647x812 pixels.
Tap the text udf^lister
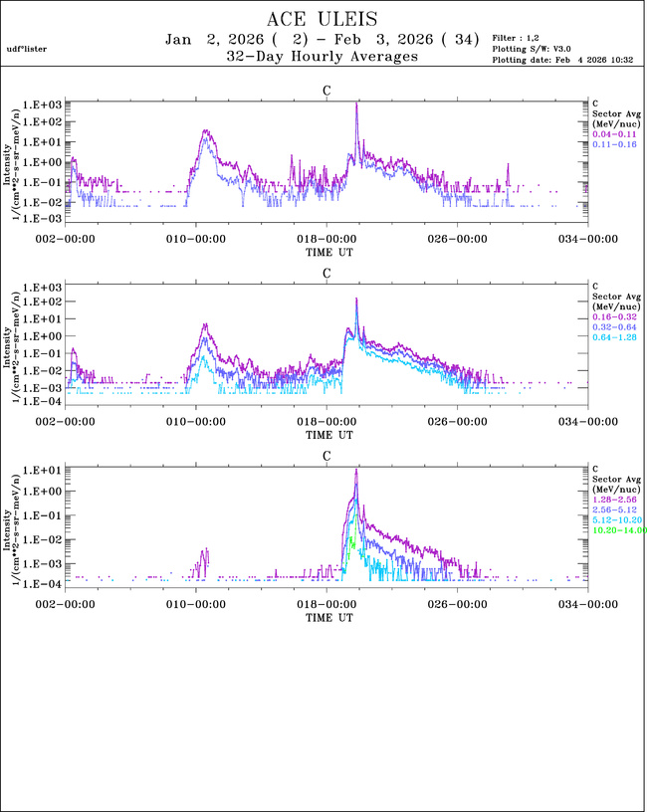coord(26,48)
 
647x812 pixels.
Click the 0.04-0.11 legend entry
coord(613,133)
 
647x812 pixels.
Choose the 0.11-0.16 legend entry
coord(613,144)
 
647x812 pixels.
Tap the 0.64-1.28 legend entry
coord(613,337)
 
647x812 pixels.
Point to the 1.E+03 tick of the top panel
coord(45,103)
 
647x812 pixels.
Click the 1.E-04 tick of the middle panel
coord(45,401)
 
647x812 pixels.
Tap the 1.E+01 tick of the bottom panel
coord(45,470)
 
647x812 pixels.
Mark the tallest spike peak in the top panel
coord(356,102)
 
